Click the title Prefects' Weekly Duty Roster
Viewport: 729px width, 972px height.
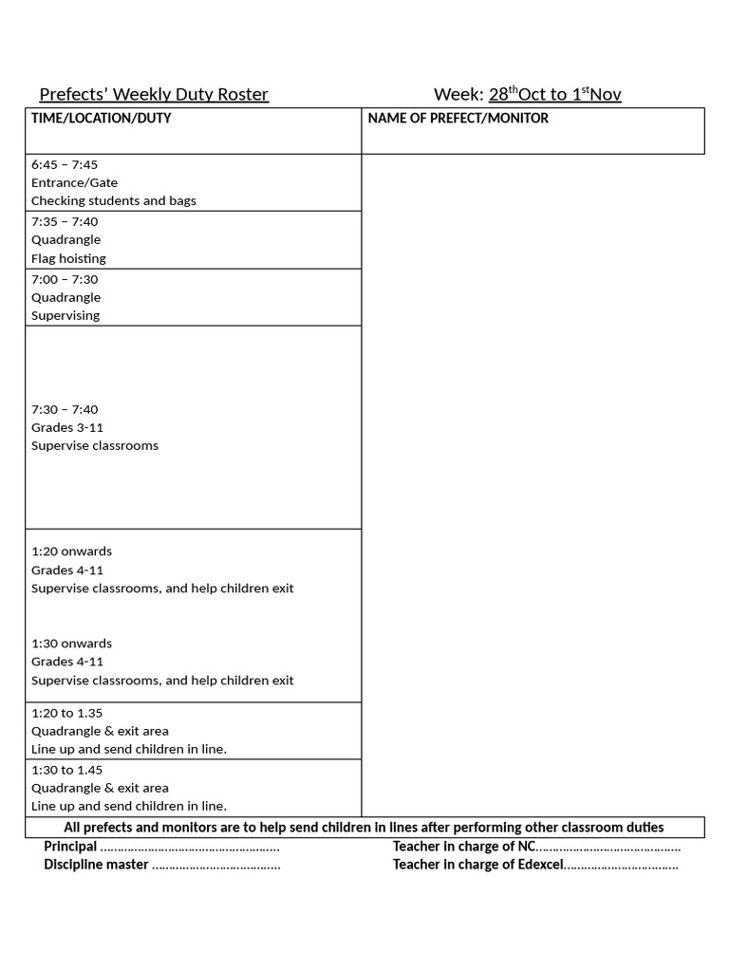click(154, 94)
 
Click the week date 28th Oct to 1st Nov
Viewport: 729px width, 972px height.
click(555, 94)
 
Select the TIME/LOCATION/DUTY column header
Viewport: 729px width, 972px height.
click(102, 119)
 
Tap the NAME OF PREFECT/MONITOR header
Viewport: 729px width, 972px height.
click(458, 119)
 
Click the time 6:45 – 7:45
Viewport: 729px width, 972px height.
click(65, 164)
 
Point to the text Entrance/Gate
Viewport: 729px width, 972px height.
click(74, 182)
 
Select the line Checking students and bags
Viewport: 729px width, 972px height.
click(114, 201)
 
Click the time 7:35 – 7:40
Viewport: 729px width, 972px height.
click(65, 222)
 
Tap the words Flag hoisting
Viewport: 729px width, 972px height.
click(68, 258)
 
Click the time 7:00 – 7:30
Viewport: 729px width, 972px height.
click(65, 279)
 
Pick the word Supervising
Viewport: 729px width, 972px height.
click(65, 315)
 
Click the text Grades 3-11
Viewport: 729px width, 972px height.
click(67, 427)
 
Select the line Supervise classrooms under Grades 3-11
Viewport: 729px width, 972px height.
click(95, 445)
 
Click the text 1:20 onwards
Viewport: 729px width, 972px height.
click(71, 551)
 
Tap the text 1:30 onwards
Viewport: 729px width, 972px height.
click(71, 644)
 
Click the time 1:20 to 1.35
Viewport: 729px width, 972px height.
click(66, 713)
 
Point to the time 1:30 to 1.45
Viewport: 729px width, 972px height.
click(66, 770)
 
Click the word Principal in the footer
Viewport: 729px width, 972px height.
click(70, 847)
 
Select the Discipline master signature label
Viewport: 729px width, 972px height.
click(96, 865)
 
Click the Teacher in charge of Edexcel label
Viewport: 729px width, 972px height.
click(478, 865)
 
